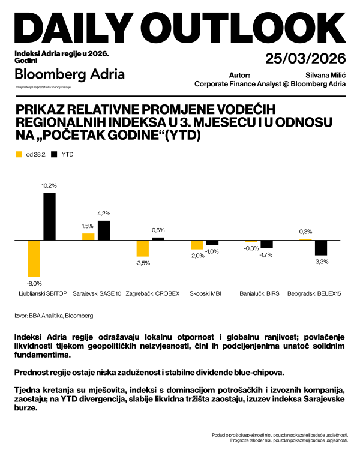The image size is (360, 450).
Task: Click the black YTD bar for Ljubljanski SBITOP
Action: click(49, 216)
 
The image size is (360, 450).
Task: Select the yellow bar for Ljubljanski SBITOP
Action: click(34, 258)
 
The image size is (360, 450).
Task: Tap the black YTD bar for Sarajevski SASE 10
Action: click(104, 230)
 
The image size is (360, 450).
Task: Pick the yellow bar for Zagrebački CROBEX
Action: click(142, 248)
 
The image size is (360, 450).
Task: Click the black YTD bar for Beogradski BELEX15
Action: click(321, 247)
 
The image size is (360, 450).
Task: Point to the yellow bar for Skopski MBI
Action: click(197, 244)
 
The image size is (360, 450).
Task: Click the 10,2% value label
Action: click(49, 186)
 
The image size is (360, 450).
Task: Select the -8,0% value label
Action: click(34, 283)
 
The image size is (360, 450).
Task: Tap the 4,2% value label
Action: click(104, 214)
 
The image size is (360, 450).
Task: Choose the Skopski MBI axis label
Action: click(205, 294)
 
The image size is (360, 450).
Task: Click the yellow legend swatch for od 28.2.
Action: click(17, 155)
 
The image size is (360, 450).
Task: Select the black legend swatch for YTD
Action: click(55, 155)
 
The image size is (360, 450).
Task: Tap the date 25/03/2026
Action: click(305, 58)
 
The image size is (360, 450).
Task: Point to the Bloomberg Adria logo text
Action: click(70, 74)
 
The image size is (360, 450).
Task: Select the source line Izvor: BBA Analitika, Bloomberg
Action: click(53, 315)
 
